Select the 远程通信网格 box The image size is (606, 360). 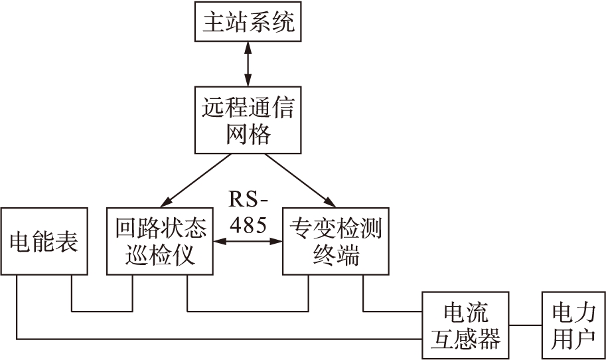pos(247,120)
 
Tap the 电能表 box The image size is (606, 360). pos(44,241)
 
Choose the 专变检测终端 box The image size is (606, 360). pos(335,241)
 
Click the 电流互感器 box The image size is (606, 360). pos(465,325)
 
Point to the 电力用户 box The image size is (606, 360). pos(573,325)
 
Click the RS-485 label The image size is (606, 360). pos(248,212)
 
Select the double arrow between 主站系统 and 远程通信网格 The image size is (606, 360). pos(247,63)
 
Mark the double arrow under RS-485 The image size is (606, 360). pos(247,241)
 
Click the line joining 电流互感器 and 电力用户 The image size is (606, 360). pos(525,325)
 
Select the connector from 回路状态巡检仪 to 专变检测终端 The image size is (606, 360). pos(248,310)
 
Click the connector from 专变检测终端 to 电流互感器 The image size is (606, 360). pos(392,310)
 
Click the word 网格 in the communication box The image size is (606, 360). pos(247,135)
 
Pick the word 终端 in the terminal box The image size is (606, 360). pos(335,256)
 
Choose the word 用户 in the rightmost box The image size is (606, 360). pos(573,340)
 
